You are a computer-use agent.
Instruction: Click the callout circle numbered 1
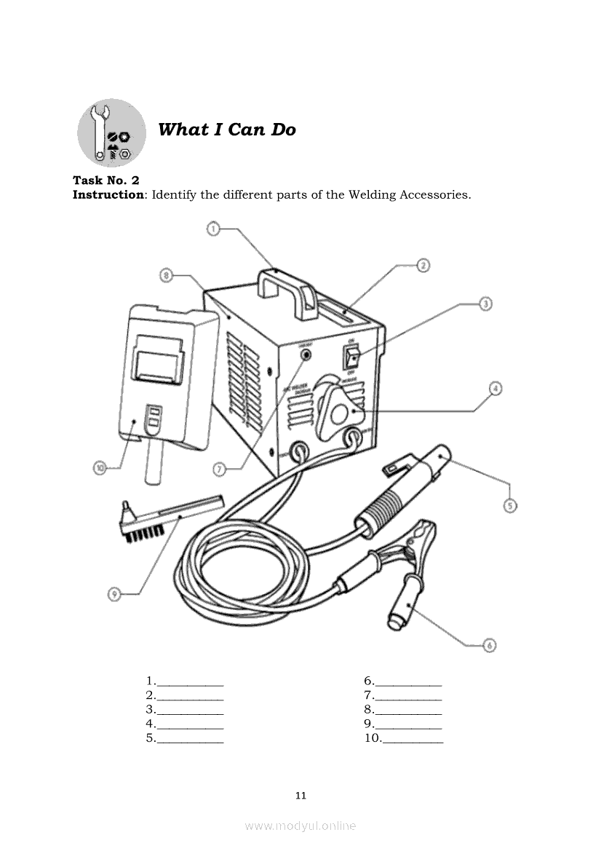[212, 229]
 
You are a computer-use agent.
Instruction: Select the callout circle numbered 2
[423, 265]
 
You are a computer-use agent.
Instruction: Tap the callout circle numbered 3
[485, 304]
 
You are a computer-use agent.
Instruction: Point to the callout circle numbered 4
[494, 389]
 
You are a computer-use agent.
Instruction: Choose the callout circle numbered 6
[489, 645]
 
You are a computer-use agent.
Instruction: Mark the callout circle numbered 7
[219, 470]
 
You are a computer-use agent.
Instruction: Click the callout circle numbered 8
[167, 275]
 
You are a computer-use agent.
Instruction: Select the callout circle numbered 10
[100, 467]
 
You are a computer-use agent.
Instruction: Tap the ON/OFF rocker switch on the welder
[352, 357]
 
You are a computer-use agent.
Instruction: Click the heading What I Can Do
[227, 130]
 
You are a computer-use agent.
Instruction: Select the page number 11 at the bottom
[300, 795]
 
